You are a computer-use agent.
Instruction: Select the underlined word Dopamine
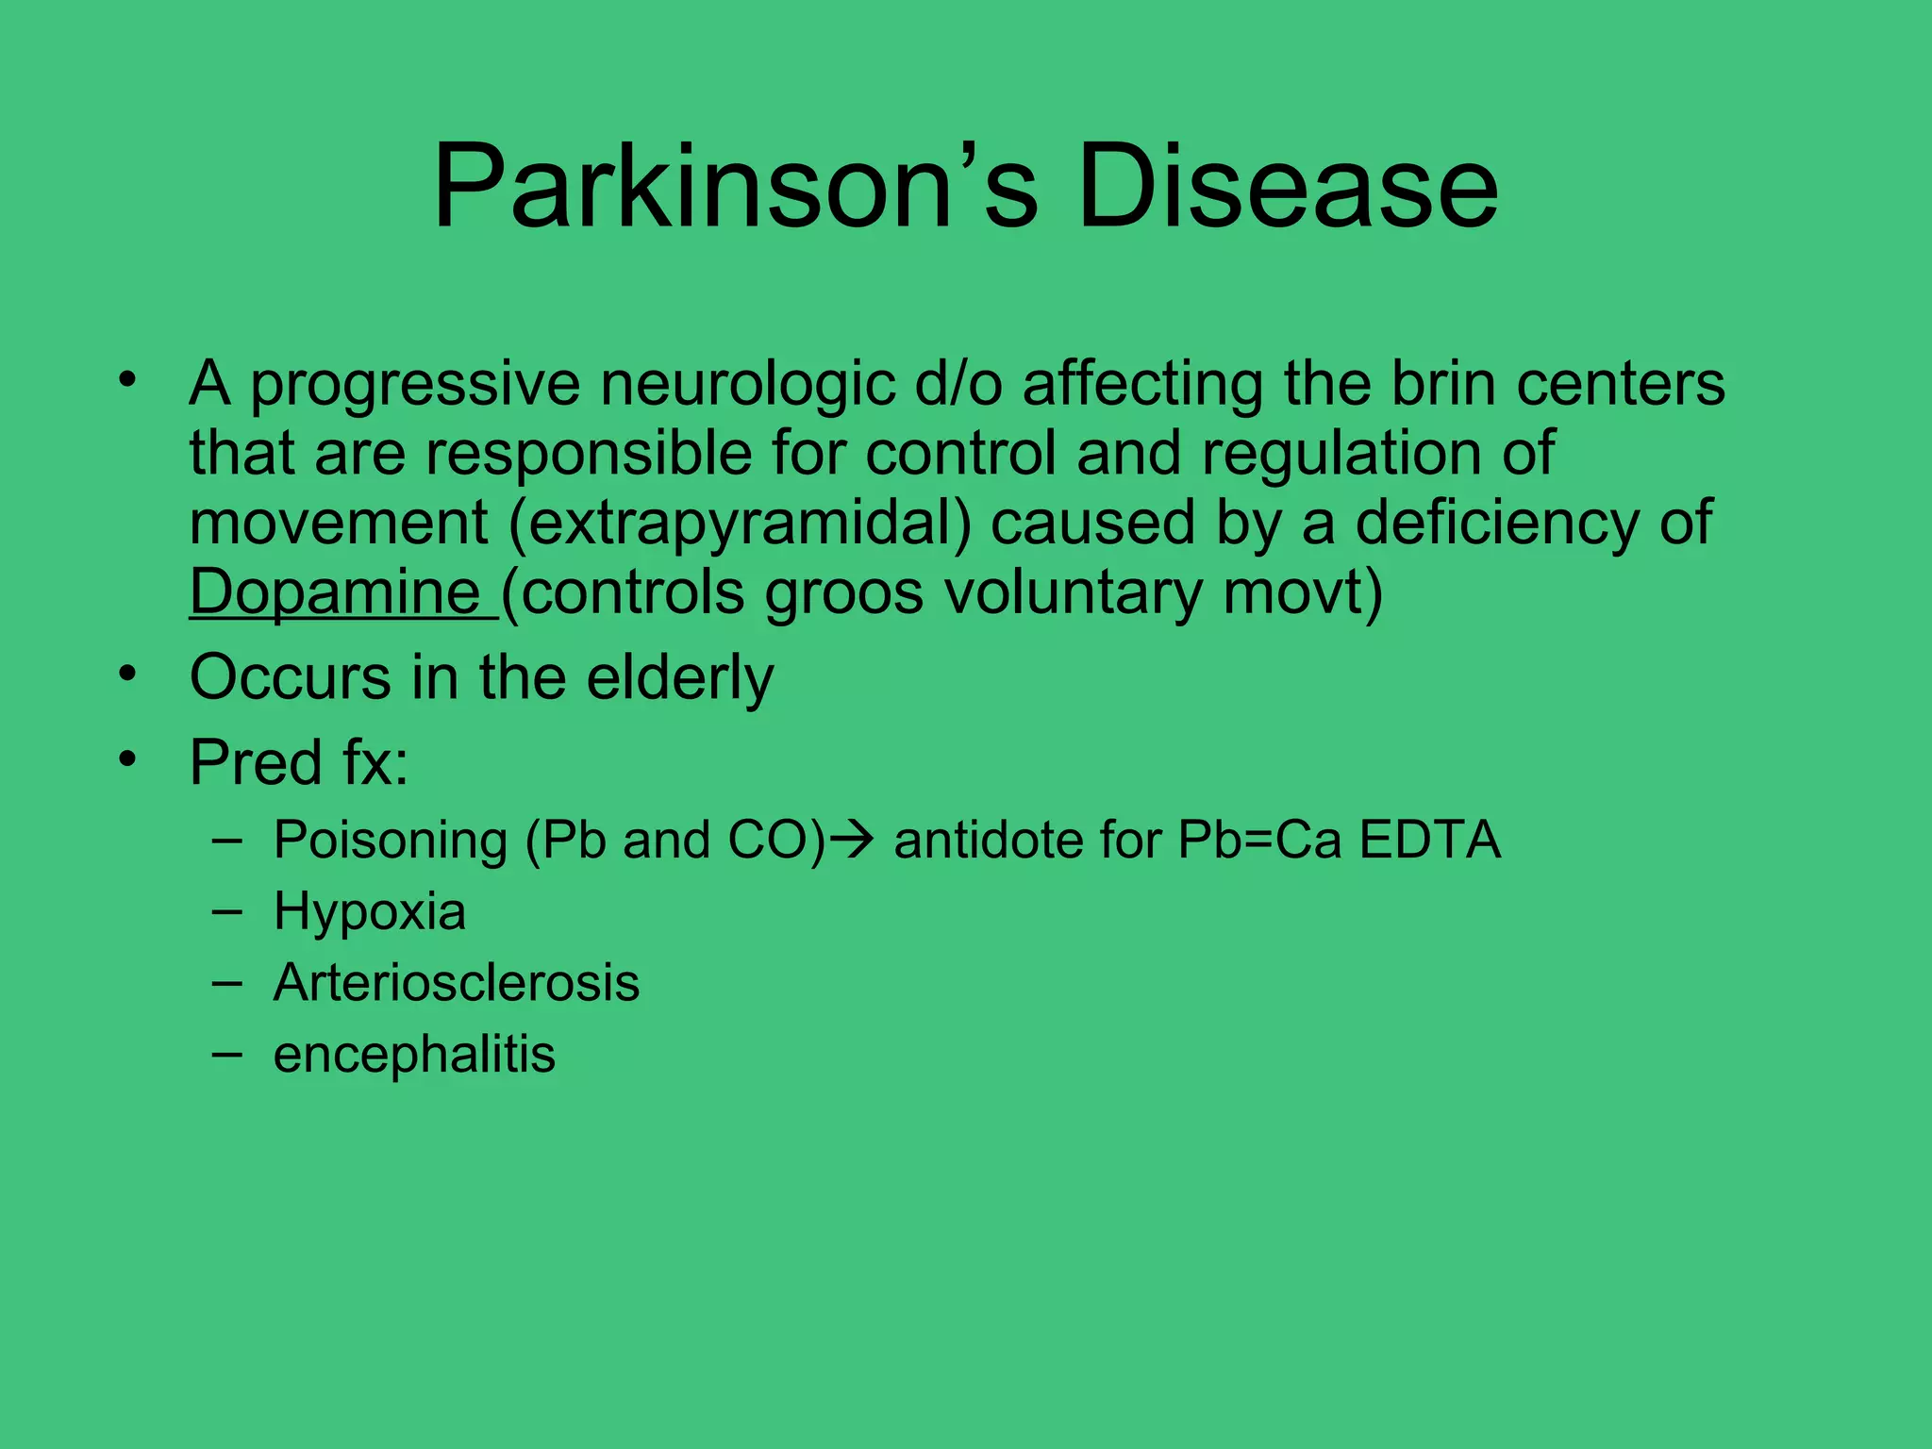click(336, 592)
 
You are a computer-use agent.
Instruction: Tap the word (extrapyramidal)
click(740, 523)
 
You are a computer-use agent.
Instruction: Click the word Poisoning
click(391, 841)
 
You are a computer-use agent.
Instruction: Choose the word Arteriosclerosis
click(457, 983)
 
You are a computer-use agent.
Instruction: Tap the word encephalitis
click(414, 1055)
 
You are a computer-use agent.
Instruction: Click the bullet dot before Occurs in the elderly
click(128, 675)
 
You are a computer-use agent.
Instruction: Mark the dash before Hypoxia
click(226, 911)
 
